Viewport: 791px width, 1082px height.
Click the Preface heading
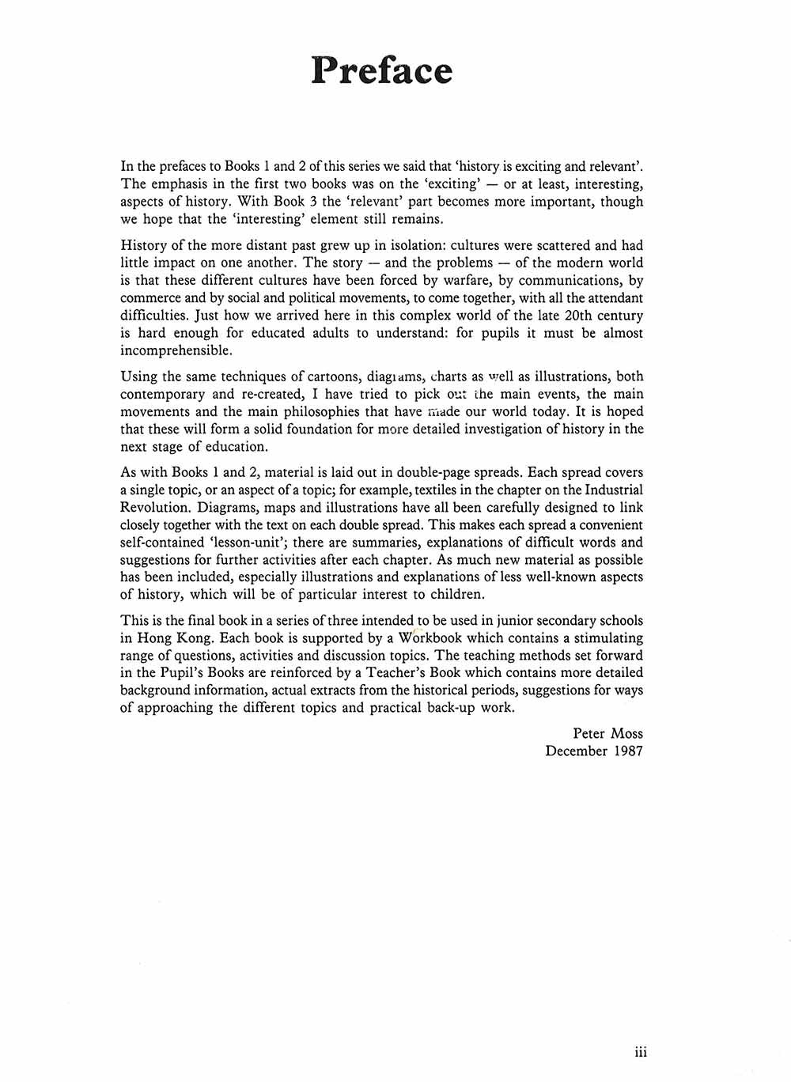click(381, 70)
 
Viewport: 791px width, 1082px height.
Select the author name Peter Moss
click(607, 733)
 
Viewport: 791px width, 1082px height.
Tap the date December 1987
click(594, 751)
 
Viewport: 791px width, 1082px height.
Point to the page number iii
click(641, 1051)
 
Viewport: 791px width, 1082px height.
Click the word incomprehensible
click(175, 350)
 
